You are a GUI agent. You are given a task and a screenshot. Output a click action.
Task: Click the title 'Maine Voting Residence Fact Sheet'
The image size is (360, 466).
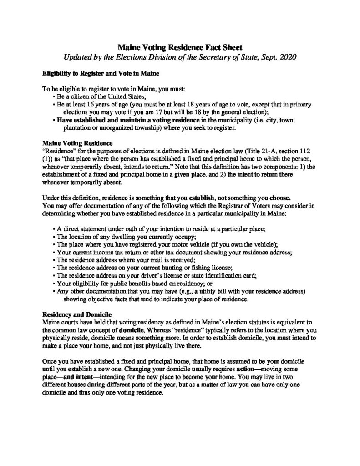pos(180,46)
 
